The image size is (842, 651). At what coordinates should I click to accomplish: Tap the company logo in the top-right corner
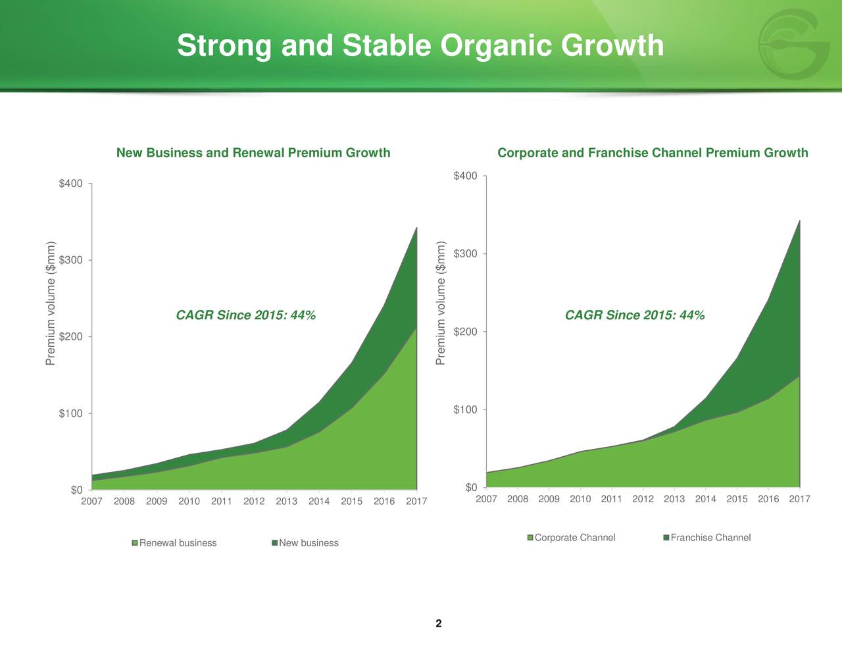(x=793, y=45)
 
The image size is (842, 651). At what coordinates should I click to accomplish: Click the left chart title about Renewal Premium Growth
(x=253, y=153)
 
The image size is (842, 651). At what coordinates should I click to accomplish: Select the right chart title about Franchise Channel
(x=653, y=153)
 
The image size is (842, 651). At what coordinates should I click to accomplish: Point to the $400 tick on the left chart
(x=72, y=184)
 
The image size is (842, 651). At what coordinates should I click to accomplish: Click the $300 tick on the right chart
(x=466, y=254)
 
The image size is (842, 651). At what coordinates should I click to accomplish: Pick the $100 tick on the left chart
(x=72, y=413)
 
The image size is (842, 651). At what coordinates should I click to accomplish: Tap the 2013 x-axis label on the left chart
(x=287, y=502)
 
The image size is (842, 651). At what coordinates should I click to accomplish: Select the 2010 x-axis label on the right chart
(x=580, y=499)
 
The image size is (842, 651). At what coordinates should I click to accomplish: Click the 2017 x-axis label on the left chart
(x=416, y=502)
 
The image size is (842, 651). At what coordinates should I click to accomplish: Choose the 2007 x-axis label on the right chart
(x=486, y=499)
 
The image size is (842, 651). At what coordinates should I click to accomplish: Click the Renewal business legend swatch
(x=136, y=543)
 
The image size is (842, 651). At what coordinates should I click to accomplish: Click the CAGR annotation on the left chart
(x=246, y=315)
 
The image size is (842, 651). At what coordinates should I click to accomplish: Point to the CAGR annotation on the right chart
(x=635, y=315)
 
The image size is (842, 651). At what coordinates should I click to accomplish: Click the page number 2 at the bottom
(x=438, y=623)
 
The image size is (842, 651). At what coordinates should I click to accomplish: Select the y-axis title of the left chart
(x=51, y=303)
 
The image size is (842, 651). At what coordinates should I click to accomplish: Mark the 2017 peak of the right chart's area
(x=799, y=221)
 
